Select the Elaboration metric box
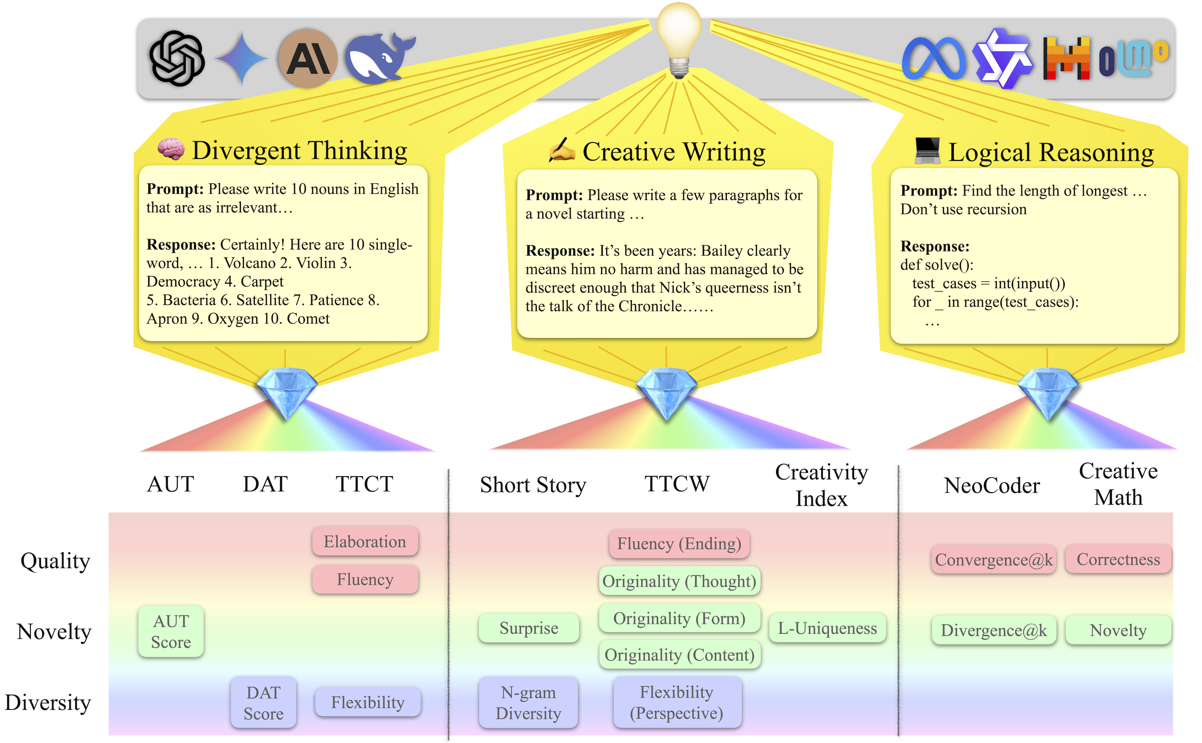coord(365,542)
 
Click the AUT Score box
coord(171,632)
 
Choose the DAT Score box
coord(263,703)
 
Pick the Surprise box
coord(529,628)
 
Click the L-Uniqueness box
coord(827,628)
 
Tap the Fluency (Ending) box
coord(679,543)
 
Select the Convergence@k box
coord(994,560)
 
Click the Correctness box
coord(1118,559)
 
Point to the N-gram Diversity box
coord(528,703)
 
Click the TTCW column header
coord(677,484)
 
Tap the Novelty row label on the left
coord(54,632)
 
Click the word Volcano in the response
coord(249,263)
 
